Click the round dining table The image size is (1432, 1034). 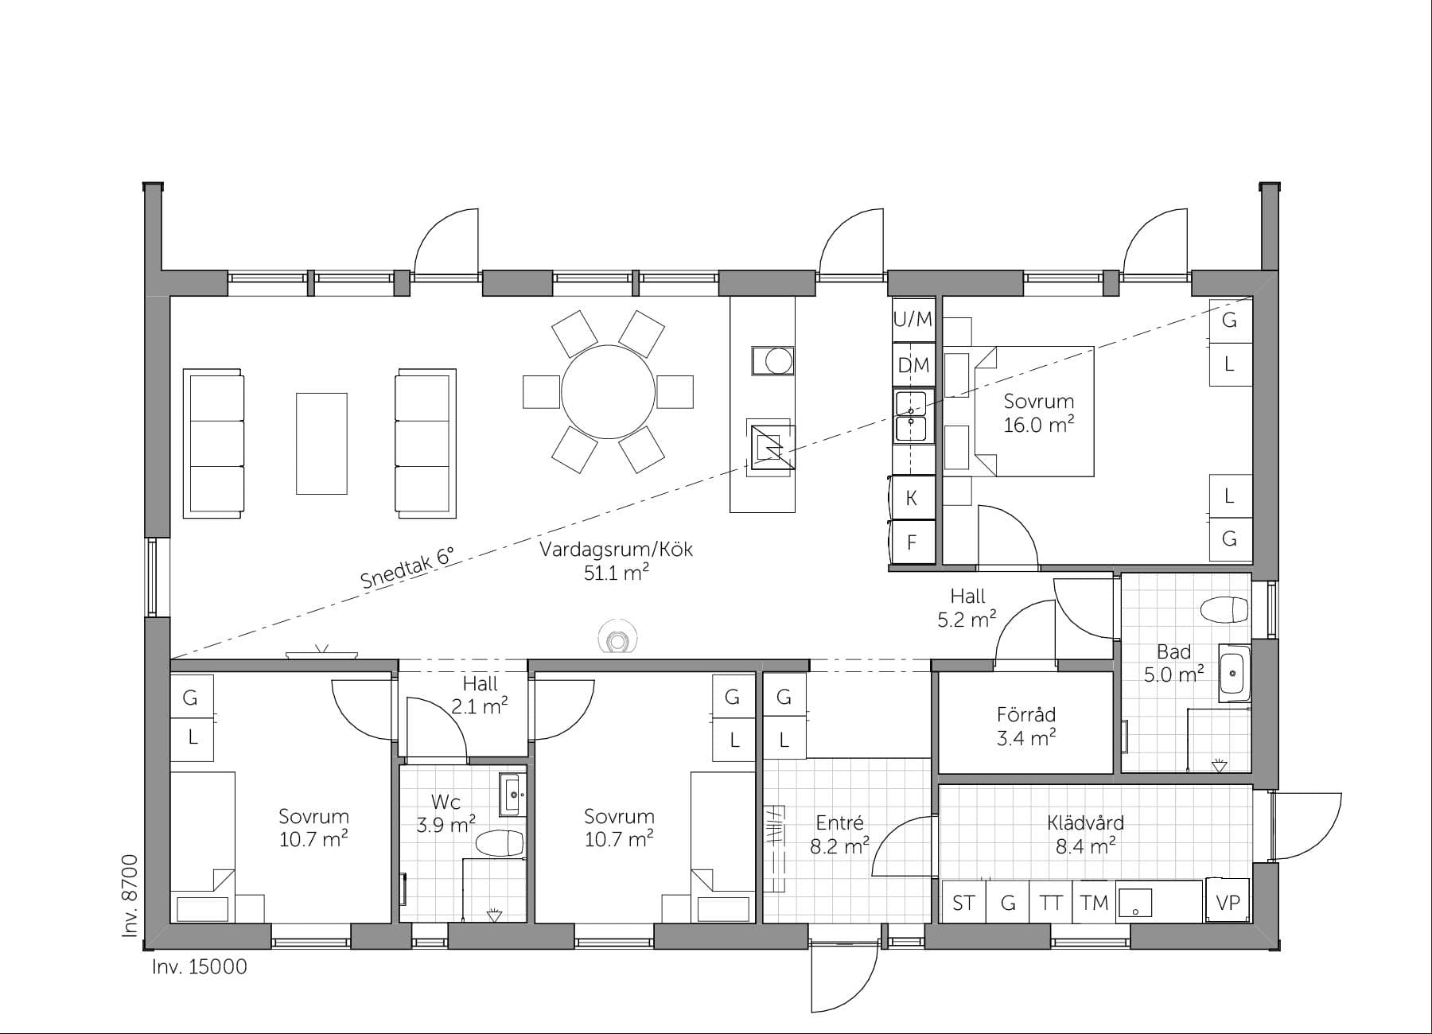[608, 391]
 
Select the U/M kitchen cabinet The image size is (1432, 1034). [913, 320]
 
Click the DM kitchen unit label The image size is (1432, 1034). [913, 365]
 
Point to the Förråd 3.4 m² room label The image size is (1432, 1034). [1025, 725]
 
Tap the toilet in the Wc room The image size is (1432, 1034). [499, 843]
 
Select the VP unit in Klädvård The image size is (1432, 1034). [1228, 902]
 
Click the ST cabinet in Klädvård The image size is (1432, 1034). [963, 903]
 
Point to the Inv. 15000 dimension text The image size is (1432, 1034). [199, 967]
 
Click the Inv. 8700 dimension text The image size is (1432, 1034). [130, 896]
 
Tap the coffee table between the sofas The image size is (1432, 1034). [321, 444]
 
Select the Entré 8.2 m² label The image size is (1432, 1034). [839, 834]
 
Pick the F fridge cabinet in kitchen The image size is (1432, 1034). [912, 542]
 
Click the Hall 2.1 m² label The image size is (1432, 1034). [480, 694]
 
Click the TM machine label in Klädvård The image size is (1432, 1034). [1095, 903]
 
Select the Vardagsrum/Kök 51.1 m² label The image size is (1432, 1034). [616, 561]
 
